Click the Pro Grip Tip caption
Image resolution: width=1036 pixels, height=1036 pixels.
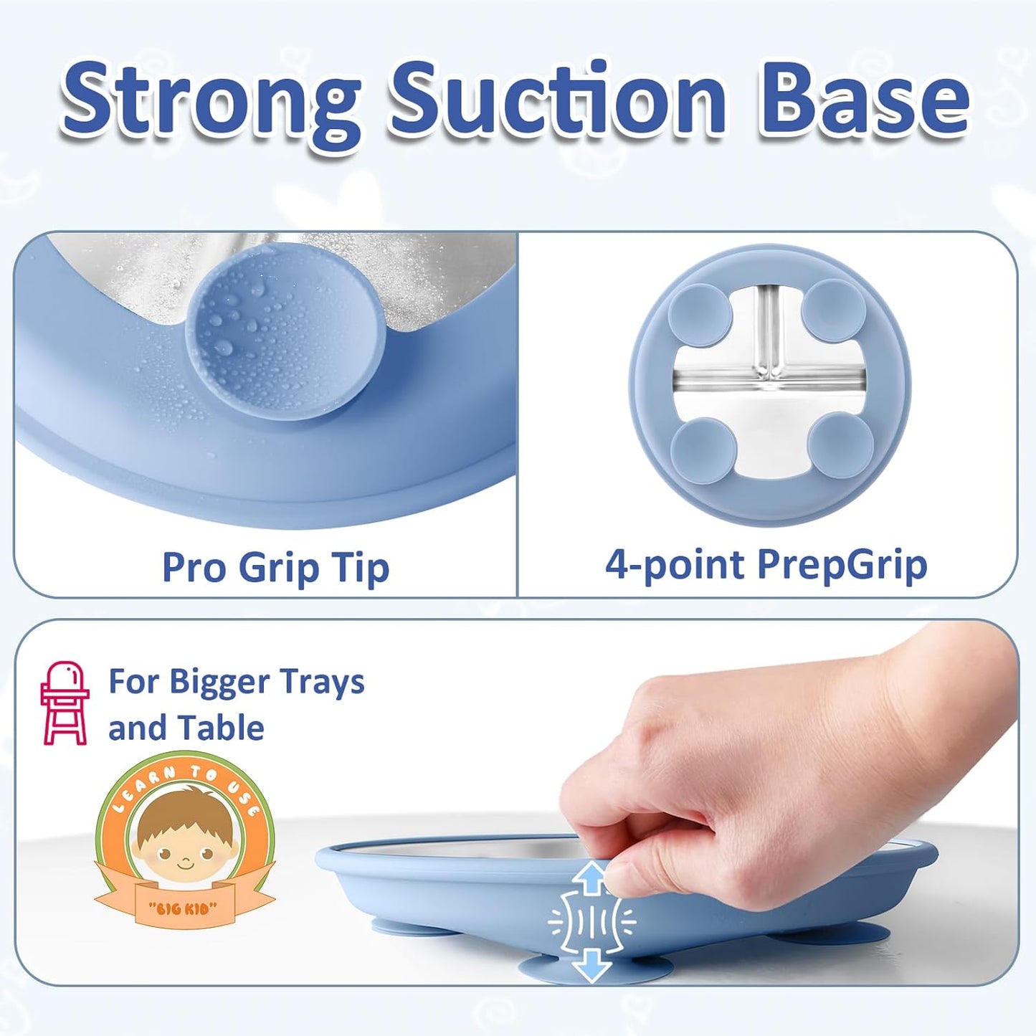coord(275,567)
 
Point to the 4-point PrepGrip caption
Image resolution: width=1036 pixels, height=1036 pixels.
coord(766,564)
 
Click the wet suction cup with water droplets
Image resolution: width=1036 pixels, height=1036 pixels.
coord(285,336)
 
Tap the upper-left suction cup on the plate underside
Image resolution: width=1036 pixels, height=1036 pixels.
coord(700,314)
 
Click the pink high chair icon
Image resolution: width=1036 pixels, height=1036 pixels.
coord(65,703)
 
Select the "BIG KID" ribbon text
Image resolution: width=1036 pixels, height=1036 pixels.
coord(182,908)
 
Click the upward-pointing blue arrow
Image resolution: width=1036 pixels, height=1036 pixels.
coord(591,876)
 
